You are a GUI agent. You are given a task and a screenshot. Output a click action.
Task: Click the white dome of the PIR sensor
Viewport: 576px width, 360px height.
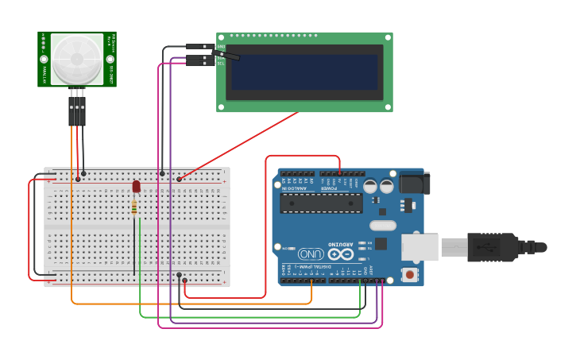coord(77,59)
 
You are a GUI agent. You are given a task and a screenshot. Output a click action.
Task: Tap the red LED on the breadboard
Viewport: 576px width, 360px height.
coord(136,186)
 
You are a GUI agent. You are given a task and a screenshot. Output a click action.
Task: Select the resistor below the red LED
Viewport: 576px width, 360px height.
coord(133,207)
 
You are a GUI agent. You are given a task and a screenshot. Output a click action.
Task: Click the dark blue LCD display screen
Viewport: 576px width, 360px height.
coord(304,72)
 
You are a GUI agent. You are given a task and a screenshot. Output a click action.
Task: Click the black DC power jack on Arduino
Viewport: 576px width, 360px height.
coord(414,184)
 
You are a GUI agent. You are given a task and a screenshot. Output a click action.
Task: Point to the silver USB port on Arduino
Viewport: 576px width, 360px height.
coord(419,247)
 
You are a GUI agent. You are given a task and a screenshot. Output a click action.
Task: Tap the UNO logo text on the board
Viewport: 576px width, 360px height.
coord(310,253)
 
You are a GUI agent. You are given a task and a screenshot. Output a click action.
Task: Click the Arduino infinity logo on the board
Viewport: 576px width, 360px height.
coord(340,254)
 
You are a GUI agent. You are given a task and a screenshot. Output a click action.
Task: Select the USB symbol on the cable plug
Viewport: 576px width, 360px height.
coord(485,247)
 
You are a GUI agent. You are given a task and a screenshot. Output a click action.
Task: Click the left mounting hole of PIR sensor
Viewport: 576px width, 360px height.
coord(44,59)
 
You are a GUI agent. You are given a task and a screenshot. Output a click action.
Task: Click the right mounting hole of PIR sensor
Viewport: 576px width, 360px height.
coord(110,59)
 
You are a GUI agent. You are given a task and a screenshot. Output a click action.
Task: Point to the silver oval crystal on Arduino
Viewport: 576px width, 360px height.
coord(382,225)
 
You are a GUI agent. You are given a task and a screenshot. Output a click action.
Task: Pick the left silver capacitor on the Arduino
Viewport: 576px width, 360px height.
coord(370,186)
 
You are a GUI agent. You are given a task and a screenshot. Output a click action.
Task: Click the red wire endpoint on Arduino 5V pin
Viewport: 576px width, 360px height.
coord(340,172)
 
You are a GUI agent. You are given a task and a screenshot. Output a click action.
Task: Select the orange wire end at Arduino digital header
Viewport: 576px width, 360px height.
coord(311,281)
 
